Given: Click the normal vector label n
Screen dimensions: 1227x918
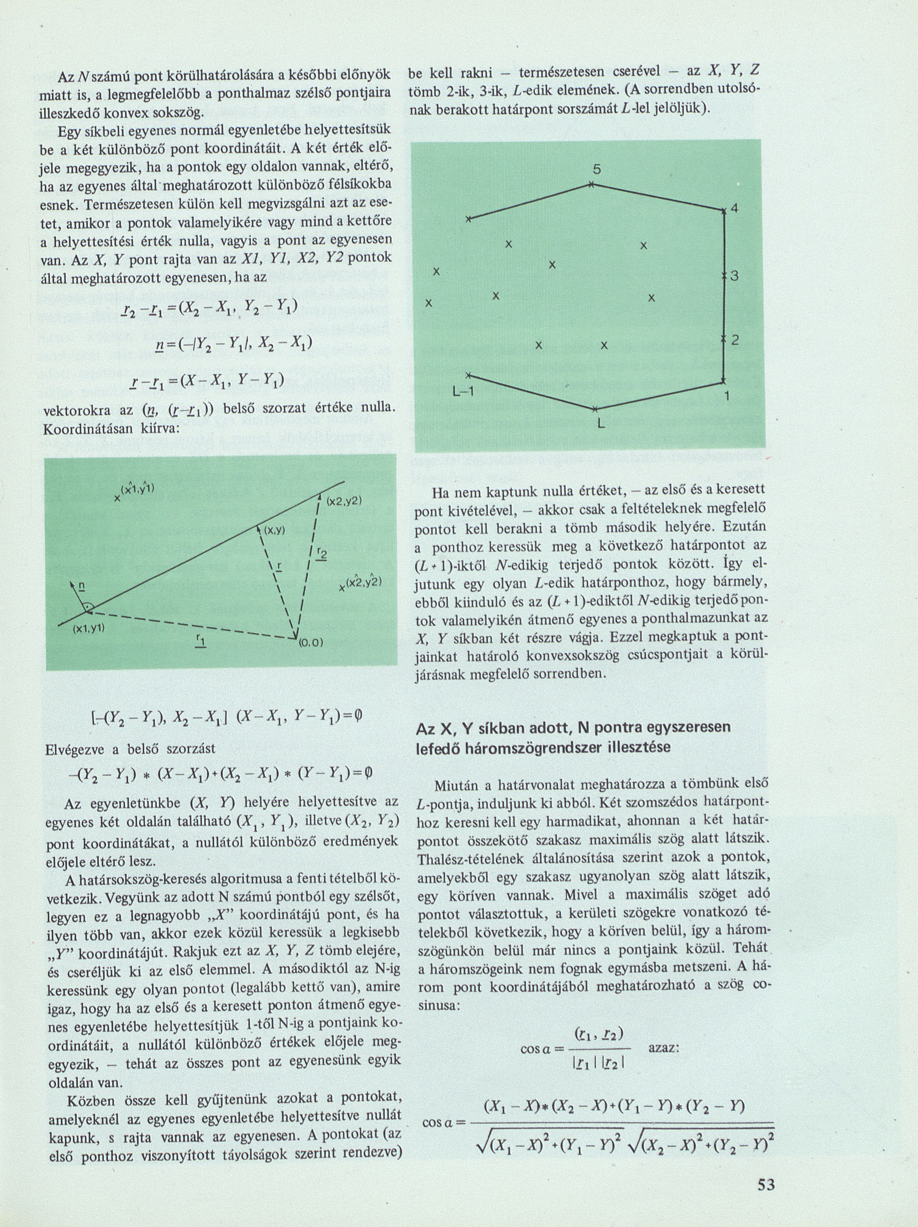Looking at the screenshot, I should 82,586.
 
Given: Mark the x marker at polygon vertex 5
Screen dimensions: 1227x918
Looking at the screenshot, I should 592,185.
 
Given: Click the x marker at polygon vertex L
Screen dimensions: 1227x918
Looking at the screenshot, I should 594,409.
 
